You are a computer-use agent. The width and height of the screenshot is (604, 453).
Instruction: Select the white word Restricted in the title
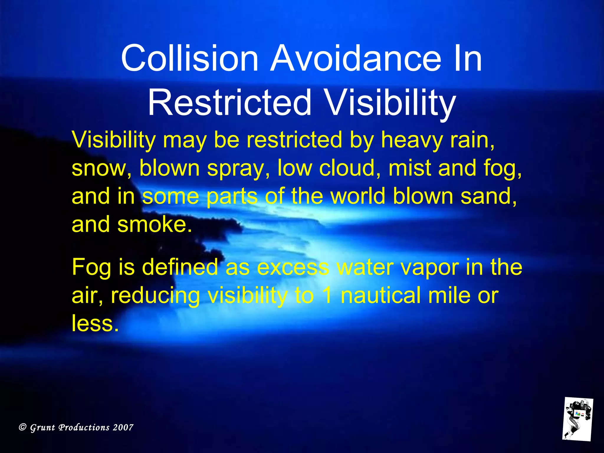pos(230,103)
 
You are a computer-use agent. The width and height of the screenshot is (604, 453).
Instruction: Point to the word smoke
pos(155,224)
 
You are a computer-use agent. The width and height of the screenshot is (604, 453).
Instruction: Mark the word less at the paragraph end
pos(95,323)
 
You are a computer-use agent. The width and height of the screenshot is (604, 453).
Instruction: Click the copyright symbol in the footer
pos(23,427)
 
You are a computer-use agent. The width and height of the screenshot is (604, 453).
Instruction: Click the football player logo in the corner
pos(577,419)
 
